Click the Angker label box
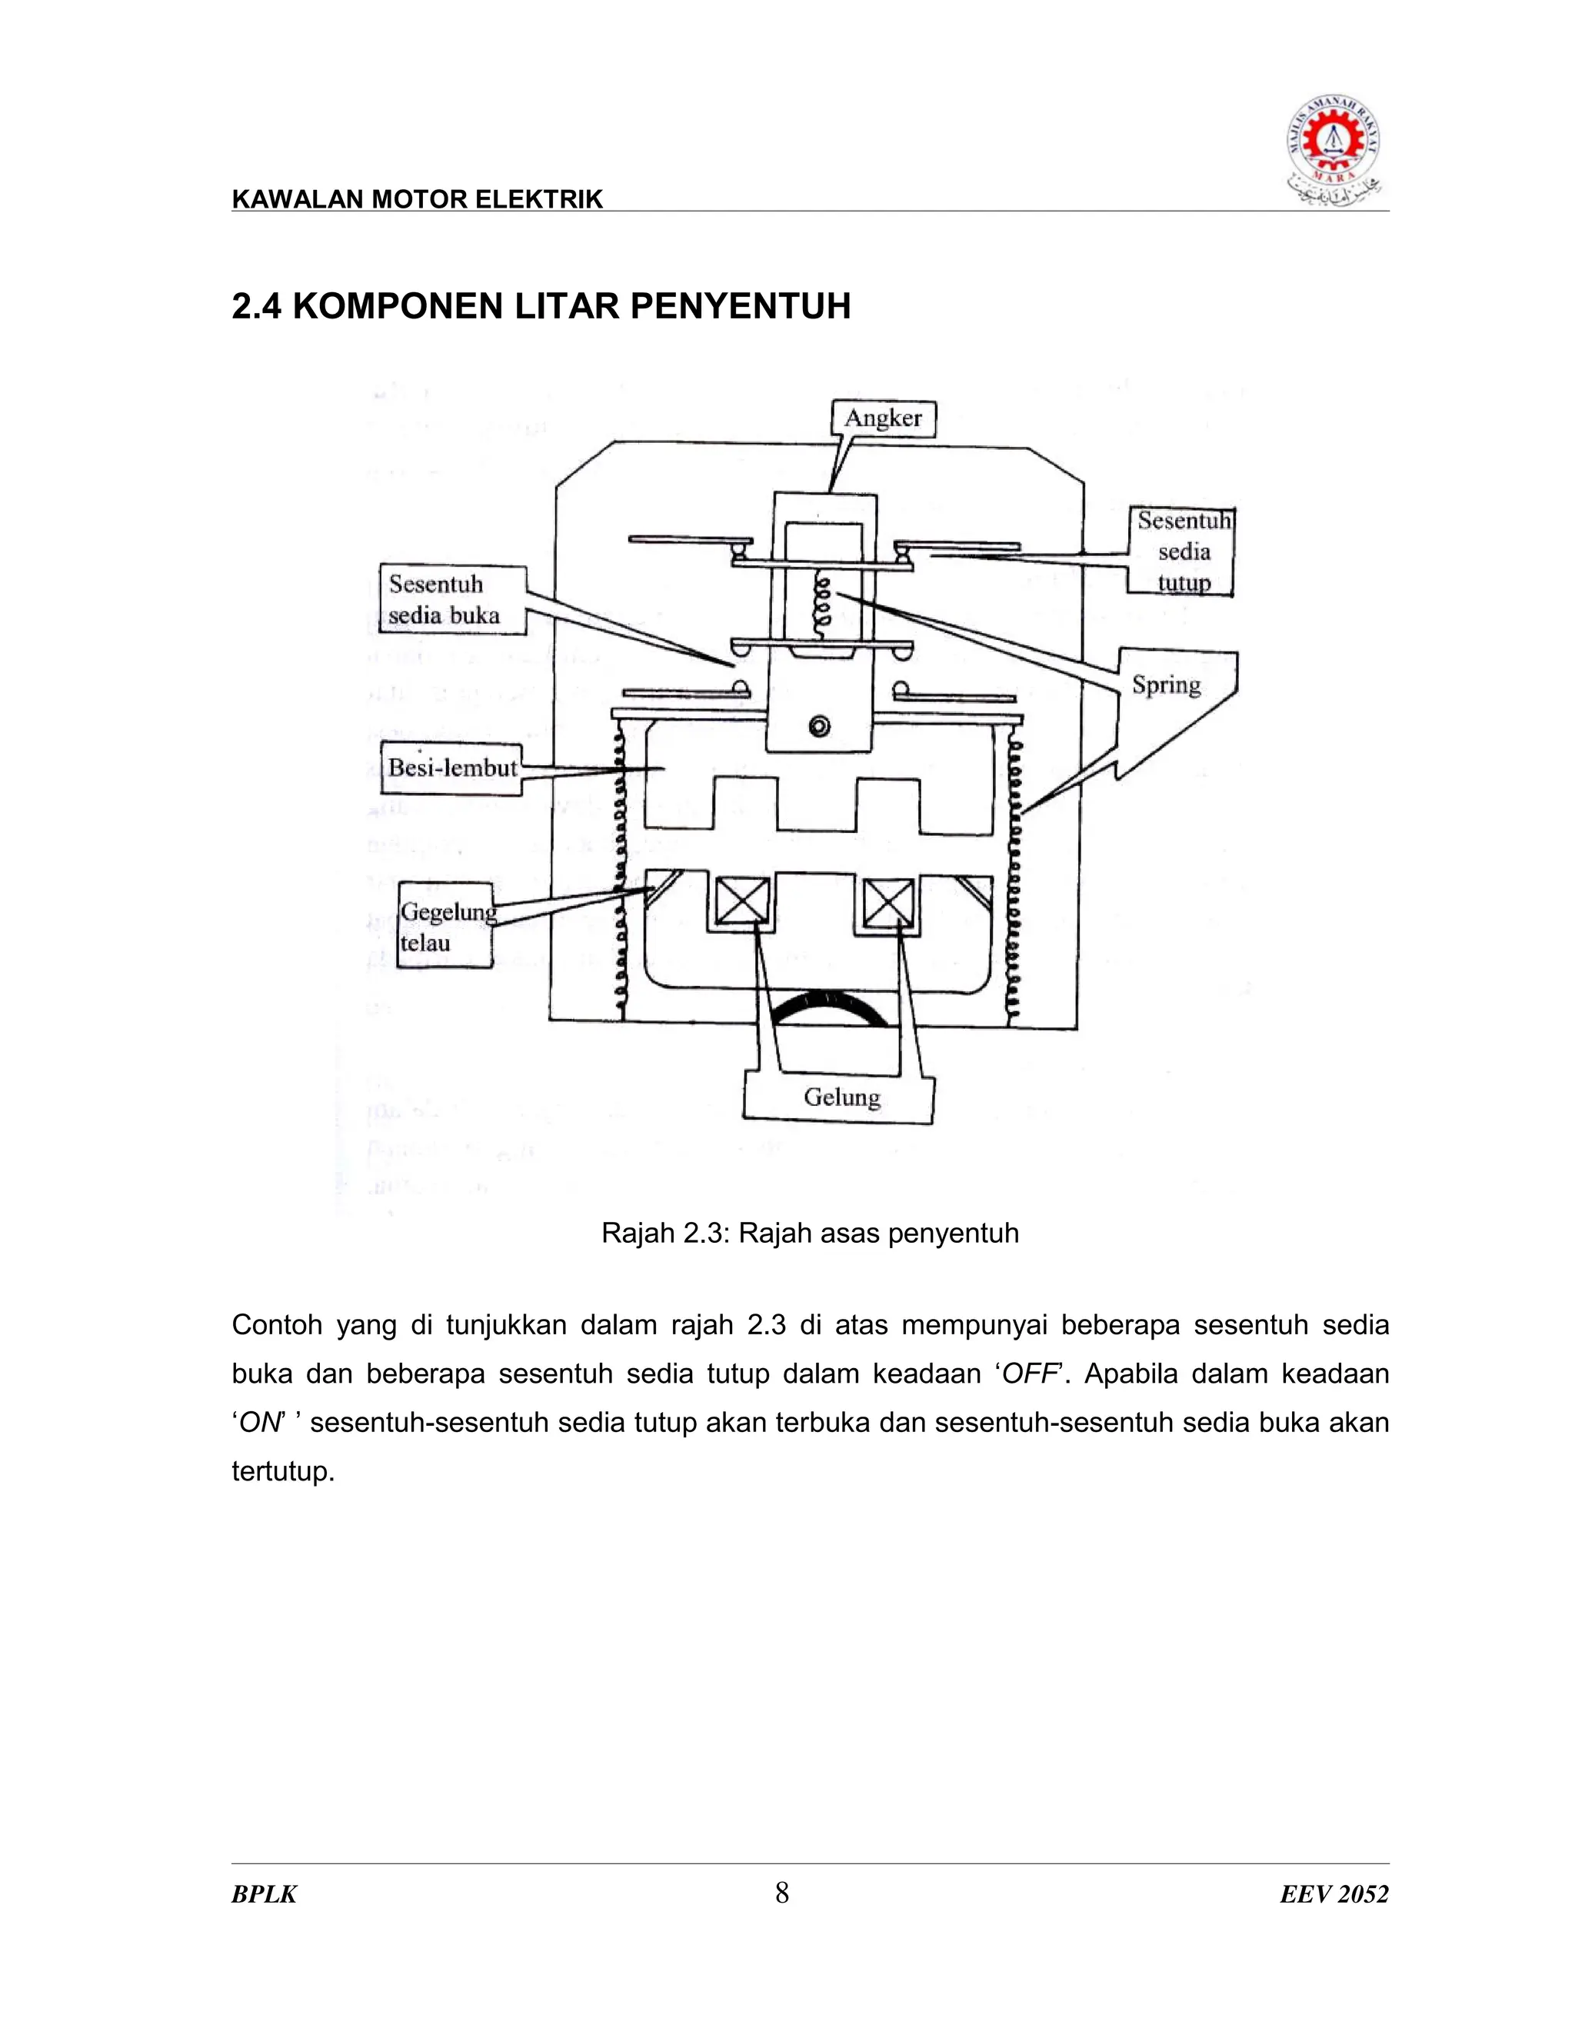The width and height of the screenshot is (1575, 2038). click(883, 419)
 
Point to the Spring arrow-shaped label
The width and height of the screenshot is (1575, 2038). click(1168, 686)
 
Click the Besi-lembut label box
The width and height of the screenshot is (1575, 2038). click(451, 768)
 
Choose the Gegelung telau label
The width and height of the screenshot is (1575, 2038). click(445, 927)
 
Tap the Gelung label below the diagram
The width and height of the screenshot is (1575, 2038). click(840, 1097)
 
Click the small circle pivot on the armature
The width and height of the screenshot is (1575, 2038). click(819, 727)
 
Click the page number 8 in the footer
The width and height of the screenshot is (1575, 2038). click(782, 1893)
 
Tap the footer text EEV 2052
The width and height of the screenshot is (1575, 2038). click(1334, 1894)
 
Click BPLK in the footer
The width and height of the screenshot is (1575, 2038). click(264, 1894)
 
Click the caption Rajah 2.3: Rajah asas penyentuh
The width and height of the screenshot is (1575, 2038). click(809, 1233)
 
